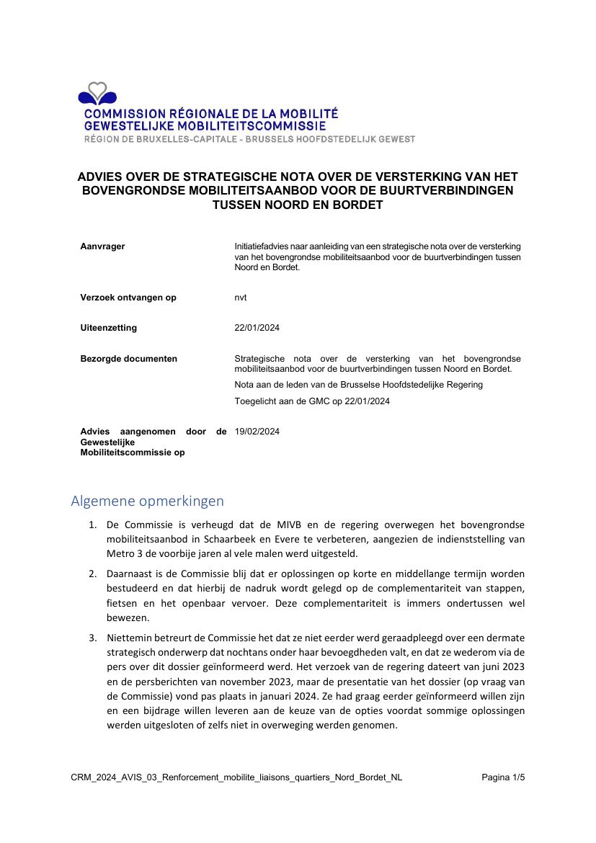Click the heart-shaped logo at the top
pyautogui.click(x=97, y=94)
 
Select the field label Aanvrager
pyautogui.click(x=102, y=246)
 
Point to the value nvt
pyautogui.click(x=241, y=298)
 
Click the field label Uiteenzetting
pyautogui.click(x=108, y=328)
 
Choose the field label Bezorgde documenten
pyautogui.click(x=128, y=359)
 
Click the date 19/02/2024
pyautogui.click(x=257, y=432)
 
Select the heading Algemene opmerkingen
pyautogui.click(x=147, y=501)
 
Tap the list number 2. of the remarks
pyautogui.click(x=93, y=574)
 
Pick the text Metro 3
pyautogui.click(x=123, y=553)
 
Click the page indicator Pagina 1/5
pyautogui.click(x=503, y=777)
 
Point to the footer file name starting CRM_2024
pyautogui.click(x=236, y=777)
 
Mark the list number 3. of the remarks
pyautogui.click(x=93, y=638)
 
